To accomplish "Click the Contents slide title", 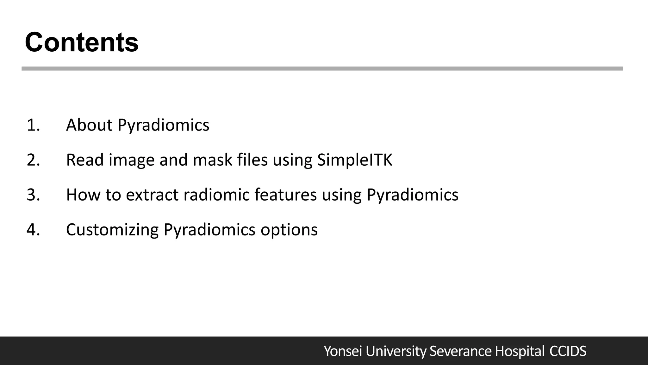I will coord(82,42).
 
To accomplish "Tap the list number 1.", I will coord(33,125).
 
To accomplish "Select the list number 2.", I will coord(33,160).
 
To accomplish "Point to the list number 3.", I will coord(33,195).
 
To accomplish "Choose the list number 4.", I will coord(33,230).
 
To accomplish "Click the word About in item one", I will coord(89,125).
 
